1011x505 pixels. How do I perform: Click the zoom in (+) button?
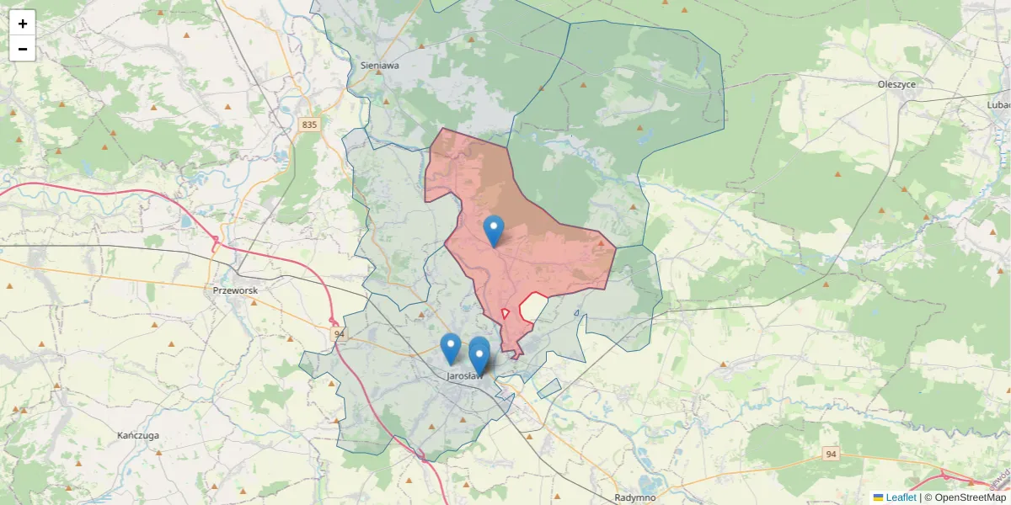[x=23, y=24]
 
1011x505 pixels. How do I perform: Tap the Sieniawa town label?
[x=379, y=65]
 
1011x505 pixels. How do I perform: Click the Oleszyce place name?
[x=896, y=84]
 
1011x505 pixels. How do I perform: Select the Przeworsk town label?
[x=235, y=290]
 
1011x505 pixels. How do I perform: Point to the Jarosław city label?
[x=464, y=376]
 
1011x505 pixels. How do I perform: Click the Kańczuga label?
[x=139, y=435]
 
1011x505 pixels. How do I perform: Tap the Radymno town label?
[x=635, y=497]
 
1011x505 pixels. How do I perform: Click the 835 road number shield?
[x=309, y=125]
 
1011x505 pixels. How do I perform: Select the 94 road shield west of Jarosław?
[x=339, y=334]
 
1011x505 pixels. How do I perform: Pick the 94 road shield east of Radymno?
[x=831, y=454]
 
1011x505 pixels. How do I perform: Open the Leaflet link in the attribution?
[x=901, y=497]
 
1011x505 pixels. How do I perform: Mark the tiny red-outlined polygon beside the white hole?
[x=505, y=313]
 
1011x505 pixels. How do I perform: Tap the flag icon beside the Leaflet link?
[x=878, y=497]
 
